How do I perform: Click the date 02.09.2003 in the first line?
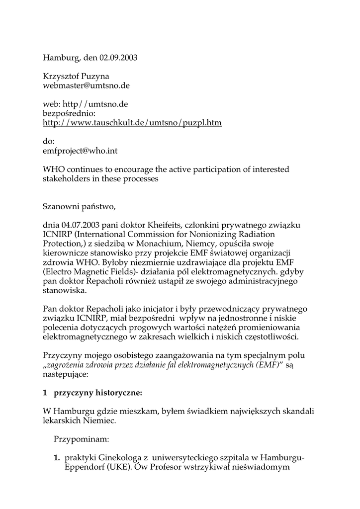118,58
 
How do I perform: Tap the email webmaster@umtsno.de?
86,85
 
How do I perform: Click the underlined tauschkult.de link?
132,122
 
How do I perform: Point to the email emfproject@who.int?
80,150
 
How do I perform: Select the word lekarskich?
63,421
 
